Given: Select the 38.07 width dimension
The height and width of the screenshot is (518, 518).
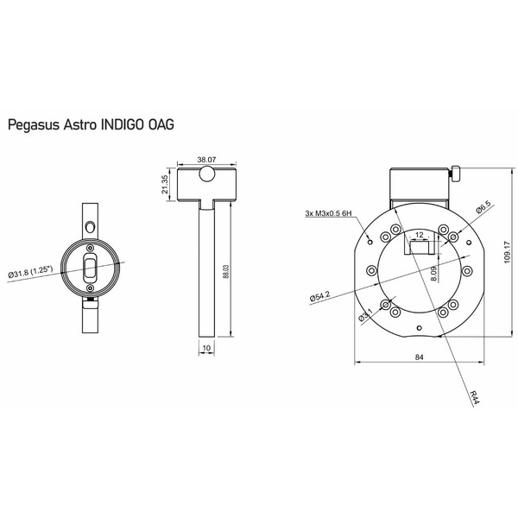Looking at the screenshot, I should click(x=205, y=160).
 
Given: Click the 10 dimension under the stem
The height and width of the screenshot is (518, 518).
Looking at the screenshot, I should click(x=205, y=349).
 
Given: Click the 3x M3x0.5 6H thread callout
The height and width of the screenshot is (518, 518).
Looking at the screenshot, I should click(x=331, y=213).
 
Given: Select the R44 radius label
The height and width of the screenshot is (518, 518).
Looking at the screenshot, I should click(x=477, y=397).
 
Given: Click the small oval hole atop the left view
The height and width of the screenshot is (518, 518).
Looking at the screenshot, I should click(x=92, y=226).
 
